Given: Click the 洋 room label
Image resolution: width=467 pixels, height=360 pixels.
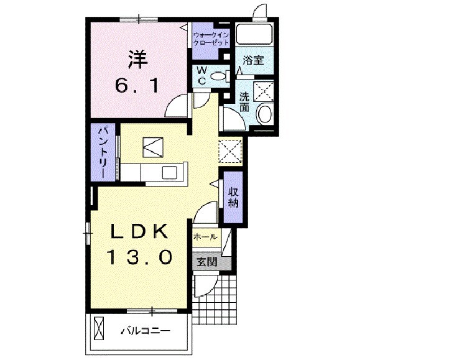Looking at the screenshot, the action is (x=138, y=59).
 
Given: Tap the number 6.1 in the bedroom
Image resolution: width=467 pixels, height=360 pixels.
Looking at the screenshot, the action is (x=137, y=86).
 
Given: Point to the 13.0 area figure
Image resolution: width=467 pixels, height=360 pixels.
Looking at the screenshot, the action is (x=139, y=257).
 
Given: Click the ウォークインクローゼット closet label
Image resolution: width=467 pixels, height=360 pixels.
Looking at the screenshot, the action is (x=211, y=39).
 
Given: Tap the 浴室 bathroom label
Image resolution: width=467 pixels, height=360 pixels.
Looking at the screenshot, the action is (x=253, y=60).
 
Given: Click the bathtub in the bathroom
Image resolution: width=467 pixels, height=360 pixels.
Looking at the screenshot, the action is (x=254, y=34).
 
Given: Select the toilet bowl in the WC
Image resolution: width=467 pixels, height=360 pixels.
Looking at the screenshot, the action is (x=220, y=76).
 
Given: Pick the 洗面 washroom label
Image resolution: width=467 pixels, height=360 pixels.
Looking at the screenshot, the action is (x=244, y=102).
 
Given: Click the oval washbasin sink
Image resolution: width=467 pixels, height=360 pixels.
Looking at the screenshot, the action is (x=265, y=114).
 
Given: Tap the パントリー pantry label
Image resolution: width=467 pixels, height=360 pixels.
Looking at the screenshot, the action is (x=103, y=152).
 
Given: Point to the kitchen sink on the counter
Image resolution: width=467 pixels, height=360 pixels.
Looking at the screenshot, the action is (x=170, y=172).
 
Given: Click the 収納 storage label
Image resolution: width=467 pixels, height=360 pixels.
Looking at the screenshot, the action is (x=233, y=198).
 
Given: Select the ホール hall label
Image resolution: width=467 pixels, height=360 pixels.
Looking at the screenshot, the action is (x=205, y=237).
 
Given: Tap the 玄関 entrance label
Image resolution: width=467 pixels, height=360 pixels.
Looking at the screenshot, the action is (x=206, y=262).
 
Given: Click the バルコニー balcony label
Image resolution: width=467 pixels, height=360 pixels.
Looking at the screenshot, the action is (x=145, y=331).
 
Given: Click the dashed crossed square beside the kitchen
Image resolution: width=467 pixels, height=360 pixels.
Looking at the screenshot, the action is (x=230, y=152).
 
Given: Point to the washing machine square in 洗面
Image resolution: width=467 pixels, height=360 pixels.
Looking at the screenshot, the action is (x=263, y=91).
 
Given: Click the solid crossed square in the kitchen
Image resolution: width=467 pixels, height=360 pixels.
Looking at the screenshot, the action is (x=153, y=147).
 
